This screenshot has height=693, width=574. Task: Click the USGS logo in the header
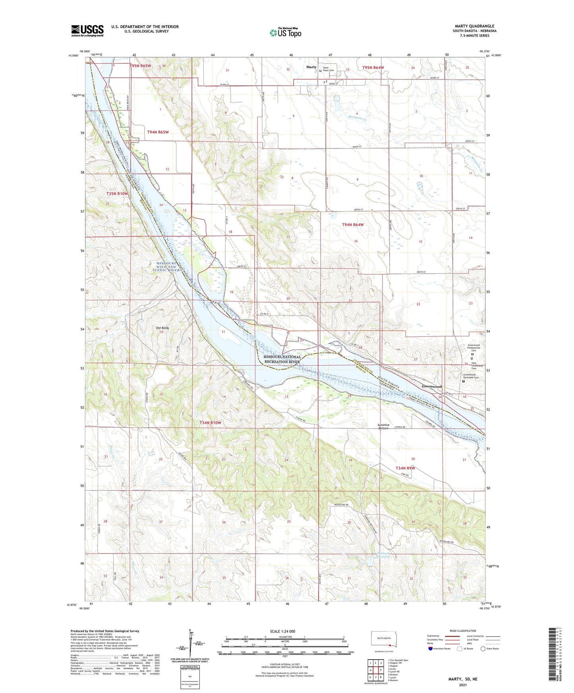[87, 31]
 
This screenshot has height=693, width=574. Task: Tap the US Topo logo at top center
[285, 33]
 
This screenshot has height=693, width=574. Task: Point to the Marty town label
[311, 67]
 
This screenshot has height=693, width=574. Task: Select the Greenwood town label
[431, 386]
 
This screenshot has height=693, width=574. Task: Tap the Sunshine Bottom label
[383, 427]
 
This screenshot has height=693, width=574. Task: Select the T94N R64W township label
[353, 225]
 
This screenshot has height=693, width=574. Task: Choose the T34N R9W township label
[405, 468]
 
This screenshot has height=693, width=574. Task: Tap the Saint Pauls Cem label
[328, 69]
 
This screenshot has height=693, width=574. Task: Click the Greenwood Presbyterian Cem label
[474, 348]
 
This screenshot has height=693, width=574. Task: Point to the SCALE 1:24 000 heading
[282, 631]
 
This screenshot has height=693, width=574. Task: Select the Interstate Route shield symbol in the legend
[431, 649]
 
